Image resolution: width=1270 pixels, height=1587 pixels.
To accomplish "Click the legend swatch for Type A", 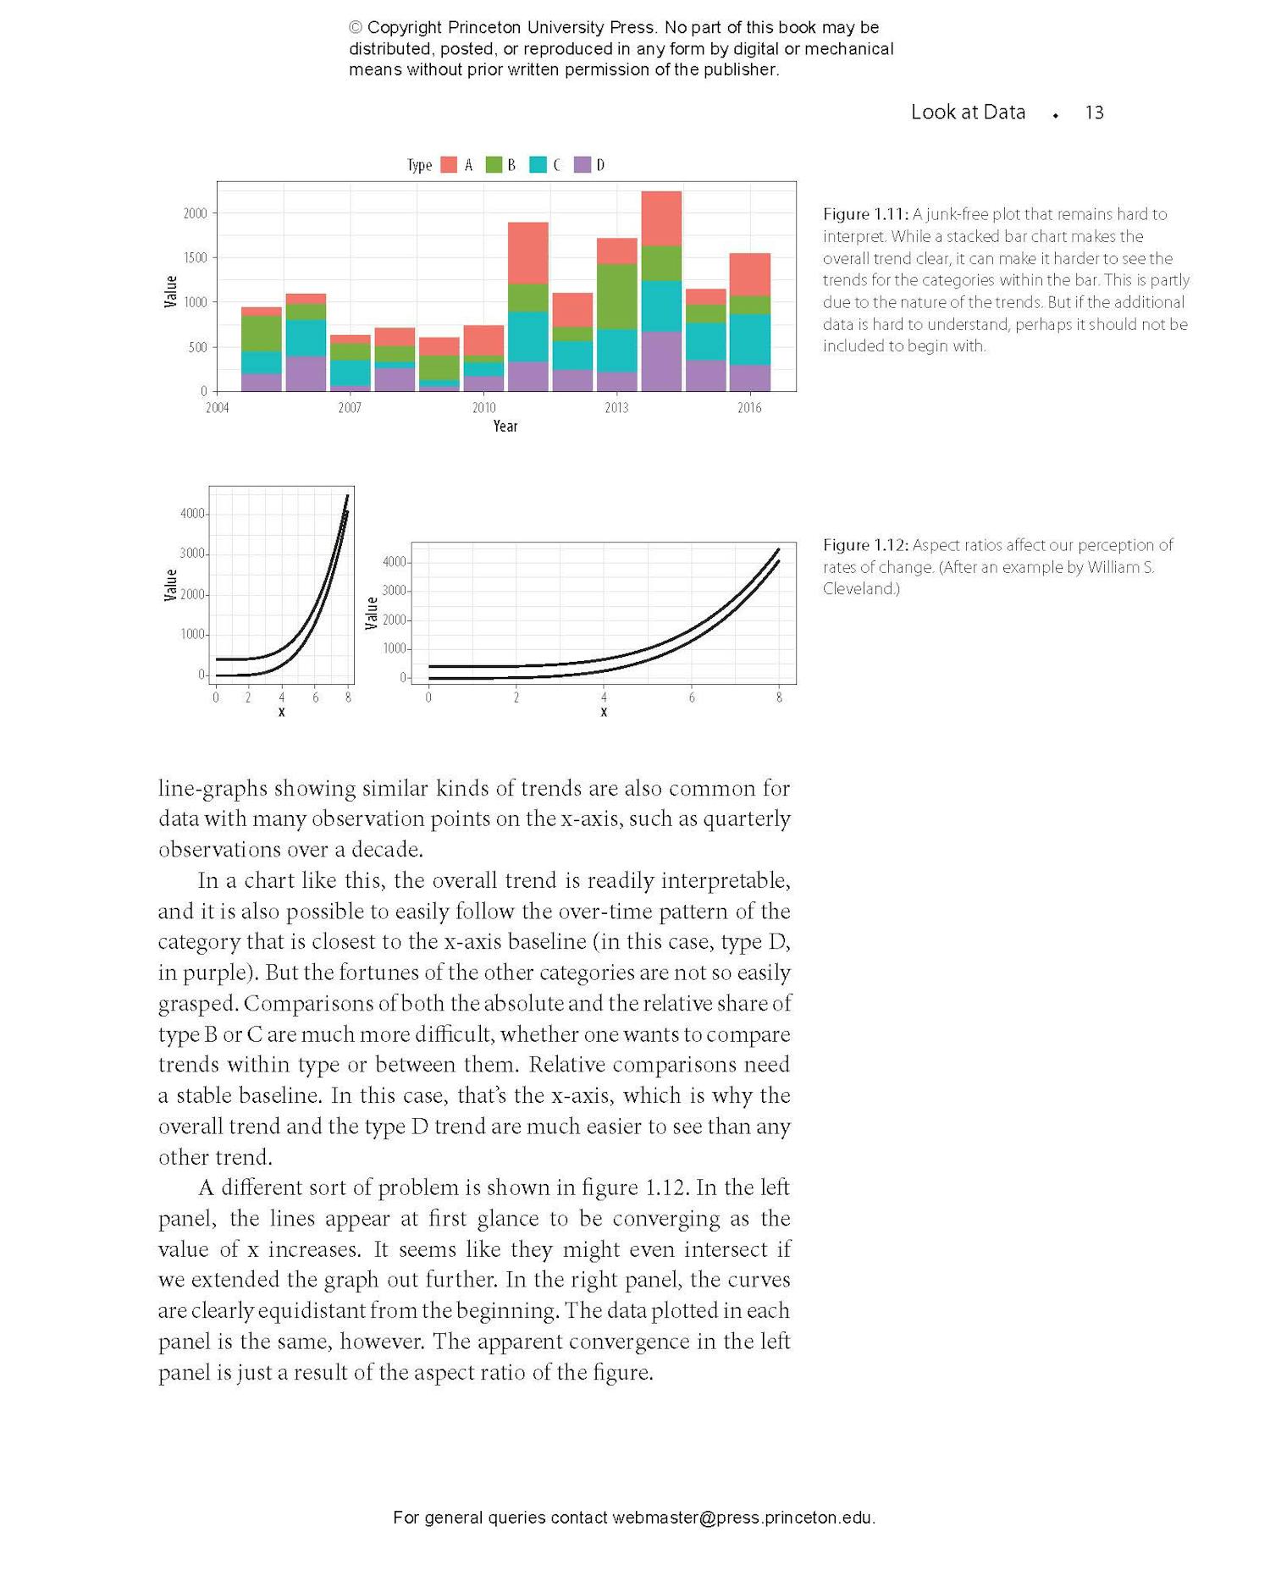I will (x=449, y=165).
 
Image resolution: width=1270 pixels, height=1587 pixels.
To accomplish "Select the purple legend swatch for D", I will (x=583, y=165).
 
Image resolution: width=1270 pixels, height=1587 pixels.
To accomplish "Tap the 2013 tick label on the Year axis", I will (x=616, y=408).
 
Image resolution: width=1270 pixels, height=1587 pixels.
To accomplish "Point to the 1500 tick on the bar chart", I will (x=196, y=257).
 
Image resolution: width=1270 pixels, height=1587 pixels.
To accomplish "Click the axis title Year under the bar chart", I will (x=505, y=426).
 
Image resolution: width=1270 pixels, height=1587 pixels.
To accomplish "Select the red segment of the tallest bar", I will (x=661, y=218).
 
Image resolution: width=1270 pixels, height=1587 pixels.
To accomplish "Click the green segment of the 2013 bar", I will (x=617, y=296).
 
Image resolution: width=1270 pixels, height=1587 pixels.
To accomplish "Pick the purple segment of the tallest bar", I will (x=661, y=361).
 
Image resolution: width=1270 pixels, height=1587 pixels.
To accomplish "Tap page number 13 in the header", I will (x=1094, y=113).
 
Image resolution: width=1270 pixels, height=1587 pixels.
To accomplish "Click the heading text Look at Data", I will (x=968, y=112).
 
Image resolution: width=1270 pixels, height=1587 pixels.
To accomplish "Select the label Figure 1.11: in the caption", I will (x=865, y=214).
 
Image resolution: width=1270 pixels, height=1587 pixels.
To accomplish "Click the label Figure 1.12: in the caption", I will (x=865, y=545).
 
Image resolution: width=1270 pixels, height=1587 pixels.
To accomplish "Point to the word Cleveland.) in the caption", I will (x=861, y=589).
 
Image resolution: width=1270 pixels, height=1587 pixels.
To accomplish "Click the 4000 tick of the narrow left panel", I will (x=192, y=514).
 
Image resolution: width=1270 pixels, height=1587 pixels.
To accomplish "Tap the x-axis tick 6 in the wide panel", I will (x=692, y=697).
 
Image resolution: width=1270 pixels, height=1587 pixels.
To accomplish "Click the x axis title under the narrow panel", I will (x=282, y=712).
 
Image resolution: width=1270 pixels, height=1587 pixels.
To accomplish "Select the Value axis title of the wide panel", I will (x=371, y=613).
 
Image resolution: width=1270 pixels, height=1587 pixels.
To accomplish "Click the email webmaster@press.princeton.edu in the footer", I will (x=742, y=1518).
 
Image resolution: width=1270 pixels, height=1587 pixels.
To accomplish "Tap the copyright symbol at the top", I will (x=356, y=28).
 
